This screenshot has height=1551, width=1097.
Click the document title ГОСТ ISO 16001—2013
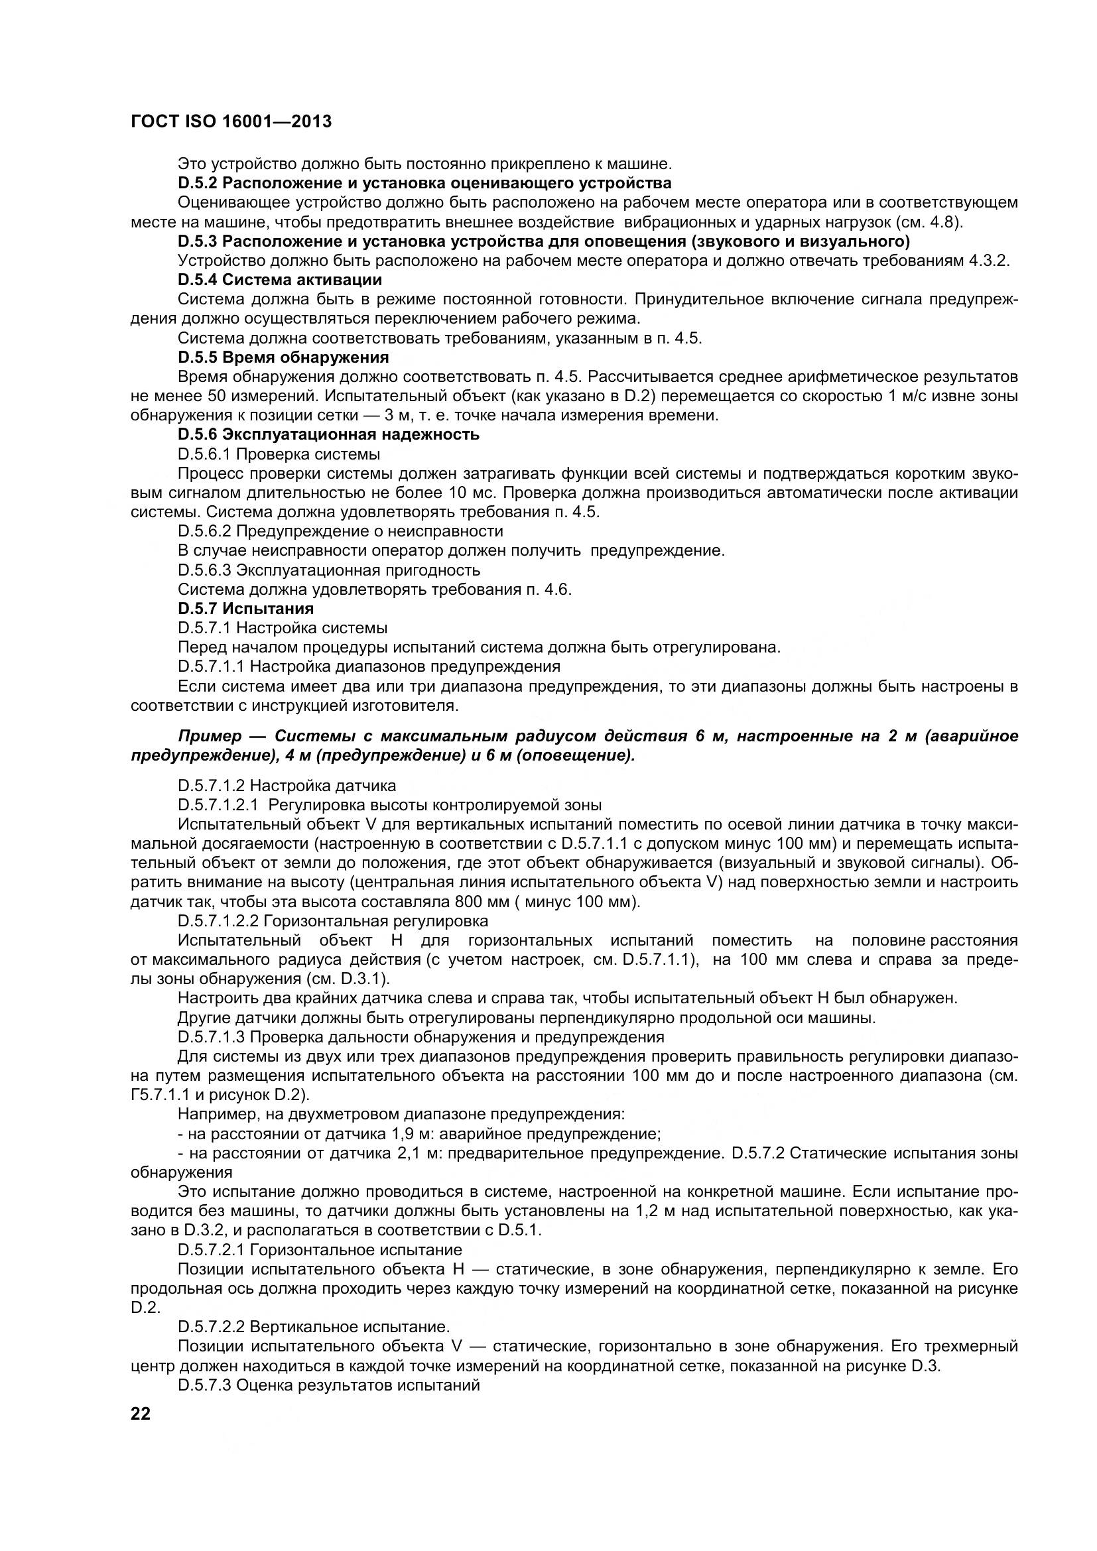coord(231,121)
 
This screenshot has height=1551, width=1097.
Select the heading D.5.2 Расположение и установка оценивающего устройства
coord(425,183)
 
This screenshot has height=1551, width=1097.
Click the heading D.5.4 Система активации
coord(280,280)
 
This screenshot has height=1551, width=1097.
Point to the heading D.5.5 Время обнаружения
coord(283,357)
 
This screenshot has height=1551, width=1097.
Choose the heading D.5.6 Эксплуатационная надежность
coord(328,434)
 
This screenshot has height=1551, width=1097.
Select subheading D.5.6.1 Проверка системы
coord(279,454)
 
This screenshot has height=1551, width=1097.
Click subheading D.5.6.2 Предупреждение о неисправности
coord(340,531)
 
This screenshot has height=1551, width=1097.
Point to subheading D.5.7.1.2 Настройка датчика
coord(287,786)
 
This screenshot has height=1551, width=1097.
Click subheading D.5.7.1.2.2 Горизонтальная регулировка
coord(333,921)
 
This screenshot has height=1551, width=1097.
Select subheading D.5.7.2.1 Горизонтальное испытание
coord(320,1250)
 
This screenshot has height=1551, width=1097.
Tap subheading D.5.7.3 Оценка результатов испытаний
coord(329,1385)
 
